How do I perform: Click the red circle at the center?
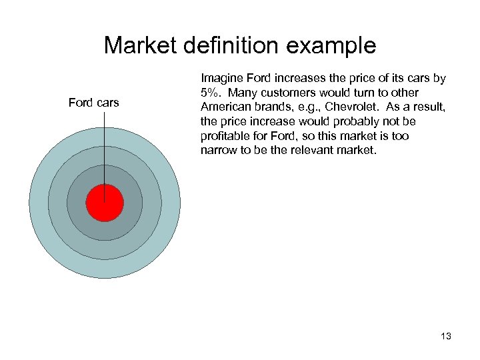pyautogui.click(x=105, y=203)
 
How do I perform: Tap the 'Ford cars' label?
pyautogui.click(x=93, y=103)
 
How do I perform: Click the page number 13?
pyautogui.click(x=446, y=336)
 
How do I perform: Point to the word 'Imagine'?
pyautogui.click(x=221, y=79)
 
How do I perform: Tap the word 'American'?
pyautogui.click(x=224, y=107)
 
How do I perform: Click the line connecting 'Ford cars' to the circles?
pyautogui.click(x=105, y=147)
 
